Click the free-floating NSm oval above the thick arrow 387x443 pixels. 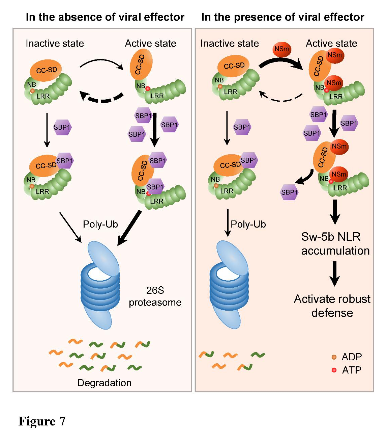click(281, 49)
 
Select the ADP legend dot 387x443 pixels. click(334, 357)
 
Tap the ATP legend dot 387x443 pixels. click(334, 370)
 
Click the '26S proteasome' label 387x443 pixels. click(155, 296)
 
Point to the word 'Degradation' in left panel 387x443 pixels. click(104, 383)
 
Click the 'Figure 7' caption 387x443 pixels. click(42, 421)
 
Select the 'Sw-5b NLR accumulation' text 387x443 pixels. click(335, 243)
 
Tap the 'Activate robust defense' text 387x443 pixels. click(332, 306)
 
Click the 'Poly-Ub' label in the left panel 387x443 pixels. click(100, 224)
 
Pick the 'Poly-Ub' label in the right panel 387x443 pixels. click(248, 224)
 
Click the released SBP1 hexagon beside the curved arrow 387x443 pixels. click(289, 192)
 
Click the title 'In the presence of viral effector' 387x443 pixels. click(282, 17)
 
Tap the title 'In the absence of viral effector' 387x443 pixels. click(105, 17)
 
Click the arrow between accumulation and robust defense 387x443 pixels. click(334, 273)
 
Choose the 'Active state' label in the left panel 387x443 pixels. click(150, 43)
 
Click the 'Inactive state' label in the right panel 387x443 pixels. click(230, 43)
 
